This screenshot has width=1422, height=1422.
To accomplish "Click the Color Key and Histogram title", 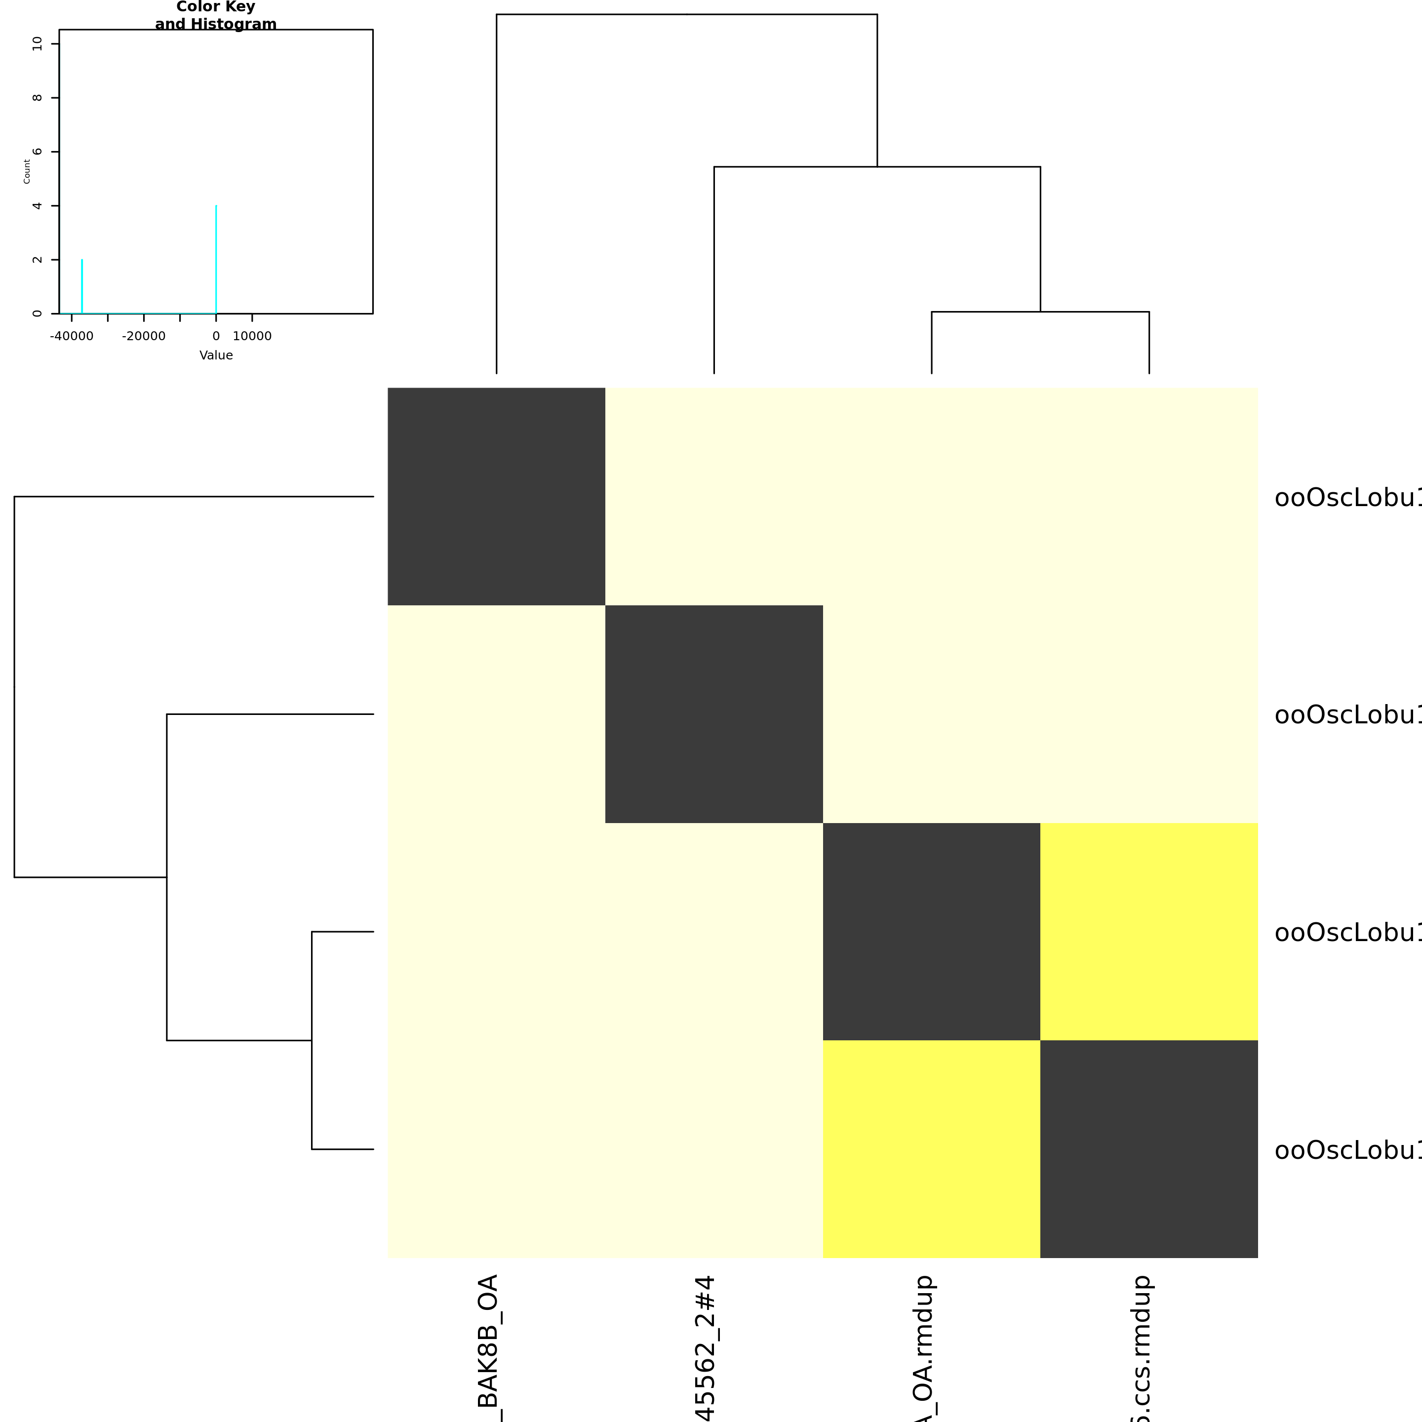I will tap(216, 15).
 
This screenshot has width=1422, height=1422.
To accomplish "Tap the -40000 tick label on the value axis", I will tap(72, 336).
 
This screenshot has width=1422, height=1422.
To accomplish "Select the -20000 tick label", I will tap(144, 336).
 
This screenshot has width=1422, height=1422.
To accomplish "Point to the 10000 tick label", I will tap(252, 336).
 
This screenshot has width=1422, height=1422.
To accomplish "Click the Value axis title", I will tap(216, 355).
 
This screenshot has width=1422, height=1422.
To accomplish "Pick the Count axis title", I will tap(27, 171).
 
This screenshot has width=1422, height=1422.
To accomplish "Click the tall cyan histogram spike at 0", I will tap(216, 258).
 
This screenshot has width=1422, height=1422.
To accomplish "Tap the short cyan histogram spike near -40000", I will tap(81, 287).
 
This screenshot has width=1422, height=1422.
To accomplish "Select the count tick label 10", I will tap(38, 44).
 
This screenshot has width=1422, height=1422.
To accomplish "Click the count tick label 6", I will tap(38, 152).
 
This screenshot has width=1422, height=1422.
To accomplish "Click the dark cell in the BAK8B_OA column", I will tap(496, 496).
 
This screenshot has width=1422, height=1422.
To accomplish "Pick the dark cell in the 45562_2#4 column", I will tap(714, 714).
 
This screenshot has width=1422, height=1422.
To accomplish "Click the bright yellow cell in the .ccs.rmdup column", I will tap(1149, 931).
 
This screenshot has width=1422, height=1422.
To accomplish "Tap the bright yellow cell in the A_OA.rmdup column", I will tap(931, 1149).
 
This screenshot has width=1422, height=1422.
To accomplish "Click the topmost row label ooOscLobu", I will tap(1347, 498).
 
